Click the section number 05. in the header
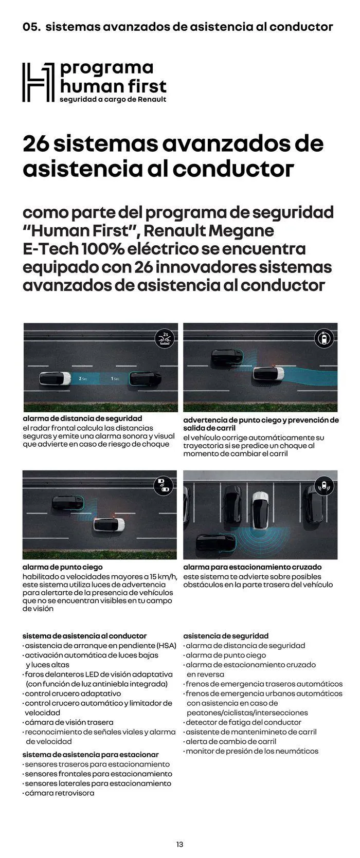[32, 27]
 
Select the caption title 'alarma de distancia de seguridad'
[82, 419]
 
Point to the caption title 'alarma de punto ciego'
[59, 567]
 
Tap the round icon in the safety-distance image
[165, 339]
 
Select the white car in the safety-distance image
[56, 379]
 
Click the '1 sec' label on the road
[115, 379]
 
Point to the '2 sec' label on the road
[83, 378]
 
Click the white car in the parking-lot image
[261, 509]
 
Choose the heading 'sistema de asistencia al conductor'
[84, 636]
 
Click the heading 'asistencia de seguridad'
[226, 636]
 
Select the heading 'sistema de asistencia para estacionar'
[91, 755]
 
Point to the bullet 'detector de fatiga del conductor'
[243, 722]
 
